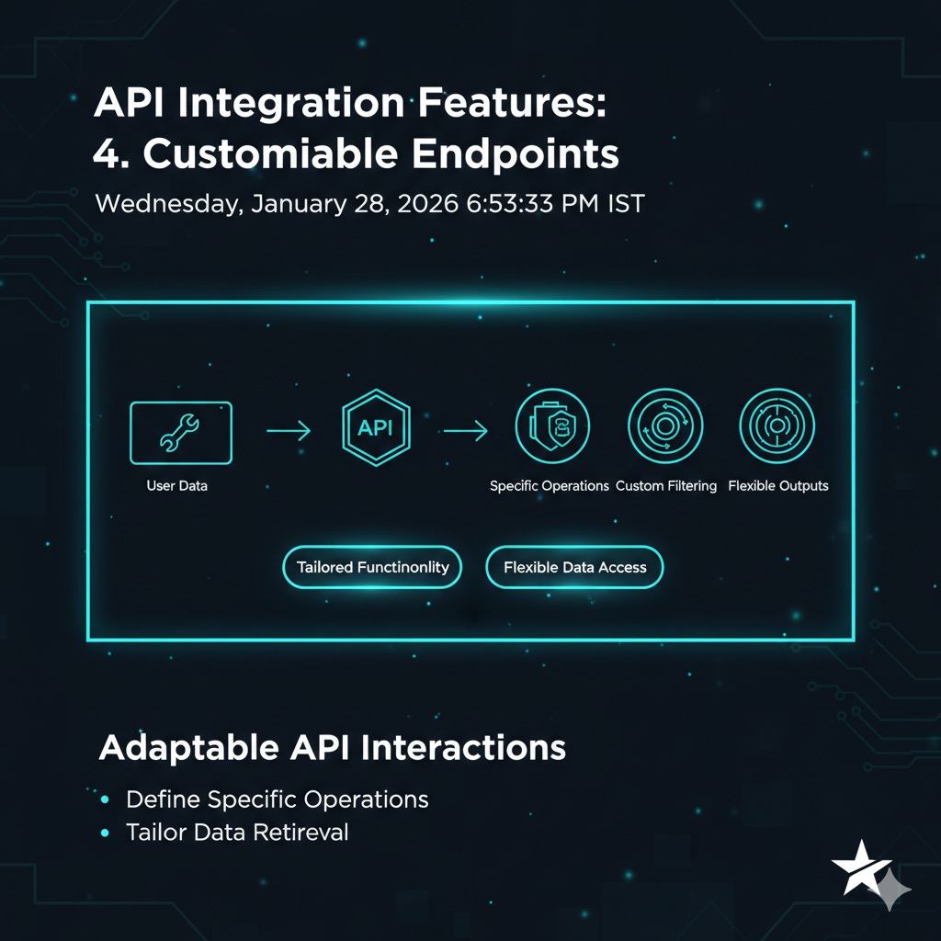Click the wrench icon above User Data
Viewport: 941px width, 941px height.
180,433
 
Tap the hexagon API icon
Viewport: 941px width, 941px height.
376,427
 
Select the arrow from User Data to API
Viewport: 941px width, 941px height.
289,430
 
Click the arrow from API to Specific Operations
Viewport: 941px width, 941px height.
466,430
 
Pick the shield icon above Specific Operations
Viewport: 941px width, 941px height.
552,426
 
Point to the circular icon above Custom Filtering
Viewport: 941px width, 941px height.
665,426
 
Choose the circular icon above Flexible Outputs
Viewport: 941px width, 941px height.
777,426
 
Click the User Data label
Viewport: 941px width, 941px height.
177,485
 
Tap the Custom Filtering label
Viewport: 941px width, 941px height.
666,485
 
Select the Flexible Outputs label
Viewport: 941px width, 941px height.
778,485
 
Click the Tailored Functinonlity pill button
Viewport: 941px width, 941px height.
372,567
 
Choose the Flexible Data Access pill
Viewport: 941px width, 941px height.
575,567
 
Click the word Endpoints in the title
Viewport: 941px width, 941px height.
515,154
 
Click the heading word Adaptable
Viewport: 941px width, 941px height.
189,748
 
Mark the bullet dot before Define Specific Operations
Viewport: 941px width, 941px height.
105,799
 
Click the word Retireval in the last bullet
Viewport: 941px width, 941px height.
300,833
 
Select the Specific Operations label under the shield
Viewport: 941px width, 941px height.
550,485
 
